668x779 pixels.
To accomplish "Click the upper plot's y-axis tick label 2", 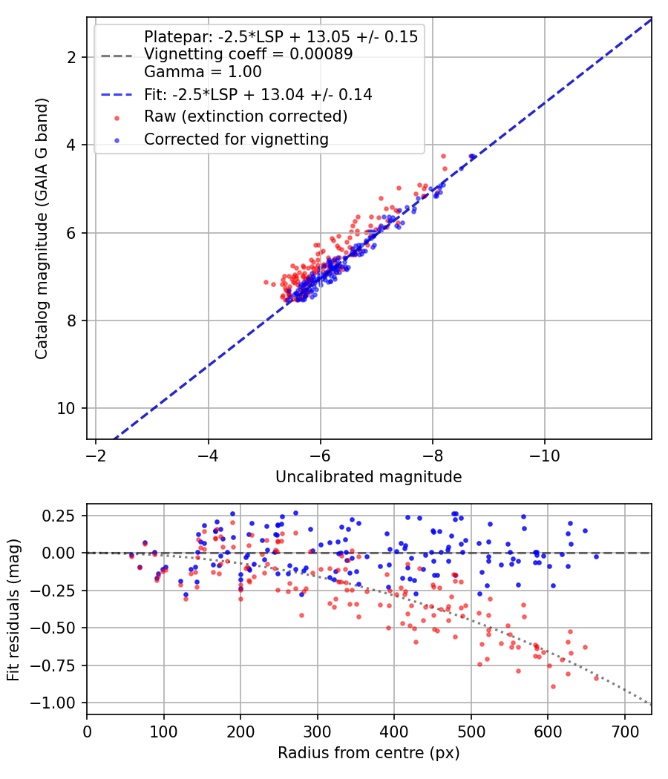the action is point(71,58).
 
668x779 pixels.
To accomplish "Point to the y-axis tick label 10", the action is point(66,408).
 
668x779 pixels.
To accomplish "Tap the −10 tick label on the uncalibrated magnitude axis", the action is point(545,456).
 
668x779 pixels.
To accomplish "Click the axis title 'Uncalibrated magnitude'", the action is point(369,477).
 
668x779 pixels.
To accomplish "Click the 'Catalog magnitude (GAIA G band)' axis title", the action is point(42,229).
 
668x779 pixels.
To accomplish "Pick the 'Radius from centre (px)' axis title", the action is point(369,753).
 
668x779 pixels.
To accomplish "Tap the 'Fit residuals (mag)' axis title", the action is point(13,610).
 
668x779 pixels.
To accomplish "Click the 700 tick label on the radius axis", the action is point(625,732).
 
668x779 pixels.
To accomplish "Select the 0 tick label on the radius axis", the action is point(87,732).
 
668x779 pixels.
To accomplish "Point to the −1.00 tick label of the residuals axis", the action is point(53,703).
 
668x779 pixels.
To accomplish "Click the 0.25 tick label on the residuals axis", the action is point(59,516).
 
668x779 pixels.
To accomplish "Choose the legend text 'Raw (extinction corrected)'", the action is point(246,116).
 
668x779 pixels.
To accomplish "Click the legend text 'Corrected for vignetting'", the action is point(237,139).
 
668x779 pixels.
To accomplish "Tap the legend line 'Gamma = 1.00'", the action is point(203,71).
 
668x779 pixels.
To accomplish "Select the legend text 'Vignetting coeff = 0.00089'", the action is point(249,53).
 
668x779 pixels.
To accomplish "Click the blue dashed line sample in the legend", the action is point(117,94).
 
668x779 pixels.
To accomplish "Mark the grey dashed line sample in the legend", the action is point(117,56).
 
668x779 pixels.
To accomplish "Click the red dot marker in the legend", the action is point(117,118).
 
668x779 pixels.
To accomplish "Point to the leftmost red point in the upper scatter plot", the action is point(266,282).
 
